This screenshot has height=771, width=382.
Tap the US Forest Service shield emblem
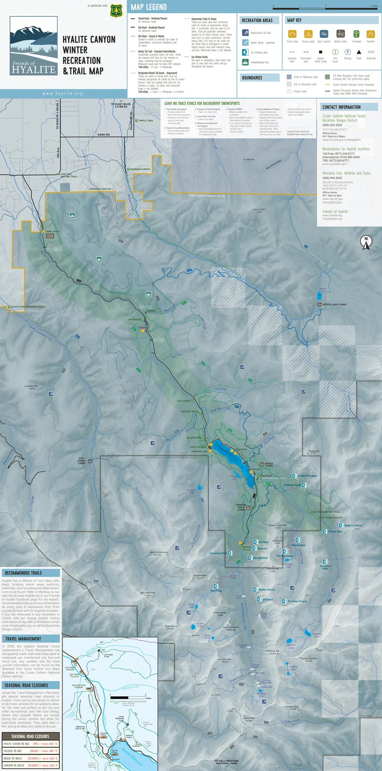[116, 11]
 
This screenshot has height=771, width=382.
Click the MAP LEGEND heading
[149, 7]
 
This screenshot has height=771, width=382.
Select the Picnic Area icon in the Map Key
[292, 34]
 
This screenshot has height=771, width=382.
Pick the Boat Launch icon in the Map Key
[324, 34]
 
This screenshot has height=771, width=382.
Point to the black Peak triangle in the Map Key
[359, 52]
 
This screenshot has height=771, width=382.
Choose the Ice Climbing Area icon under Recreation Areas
[245, 52]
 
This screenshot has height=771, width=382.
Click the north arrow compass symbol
[366, 242]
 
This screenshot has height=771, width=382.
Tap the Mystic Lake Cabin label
[334, 304]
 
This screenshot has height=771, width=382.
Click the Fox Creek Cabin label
[81, 461]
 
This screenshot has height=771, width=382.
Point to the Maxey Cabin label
[269, 465]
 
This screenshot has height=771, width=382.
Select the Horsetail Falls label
[325, 567]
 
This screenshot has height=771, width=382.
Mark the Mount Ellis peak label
[259, 210]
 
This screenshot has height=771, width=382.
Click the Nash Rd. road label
[104, 134]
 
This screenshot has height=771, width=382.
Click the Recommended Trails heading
[23, 573]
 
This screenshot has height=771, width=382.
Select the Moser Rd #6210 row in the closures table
[31, 758]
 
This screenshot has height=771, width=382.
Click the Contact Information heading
[341, 107]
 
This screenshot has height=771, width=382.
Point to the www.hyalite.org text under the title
[62, 94]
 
